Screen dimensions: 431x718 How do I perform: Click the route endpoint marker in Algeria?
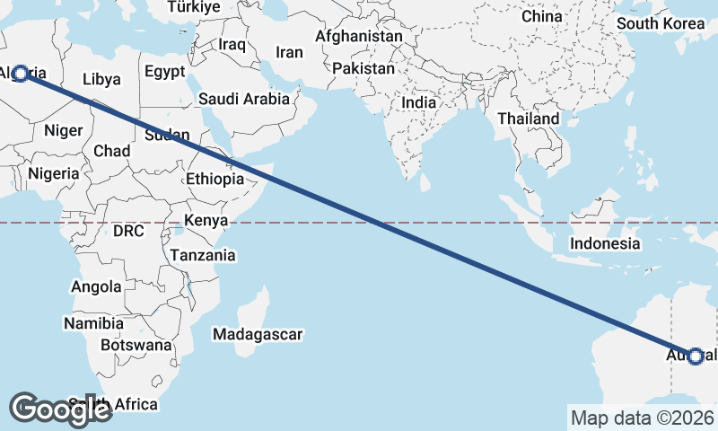(x=19, y=73)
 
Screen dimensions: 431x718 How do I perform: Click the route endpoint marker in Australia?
(x=695, y=356)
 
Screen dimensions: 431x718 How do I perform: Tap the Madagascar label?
(x=258, y=335)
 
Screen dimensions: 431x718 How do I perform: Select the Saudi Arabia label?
(x=244, y=99)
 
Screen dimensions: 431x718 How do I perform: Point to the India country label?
(x=418, y=102)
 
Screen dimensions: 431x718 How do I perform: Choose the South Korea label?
(x=661, y=23)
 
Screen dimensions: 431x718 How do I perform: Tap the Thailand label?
(x=529, y=119)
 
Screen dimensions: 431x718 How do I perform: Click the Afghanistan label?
(x=359, y=37)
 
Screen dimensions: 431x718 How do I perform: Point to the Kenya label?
(x=206, y=221)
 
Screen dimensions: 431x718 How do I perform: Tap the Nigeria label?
(x=53, y=173)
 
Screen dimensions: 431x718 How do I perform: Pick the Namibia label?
(x=93, y=323)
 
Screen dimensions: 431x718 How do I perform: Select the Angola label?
(x=96, y=287)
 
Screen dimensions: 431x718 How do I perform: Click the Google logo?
(x=60, y=409)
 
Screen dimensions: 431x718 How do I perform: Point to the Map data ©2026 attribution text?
(x=642, y=418)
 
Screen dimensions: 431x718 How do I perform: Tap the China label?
(x=541, y=16)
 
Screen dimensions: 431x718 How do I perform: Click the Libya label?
(x=101, y=79)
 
